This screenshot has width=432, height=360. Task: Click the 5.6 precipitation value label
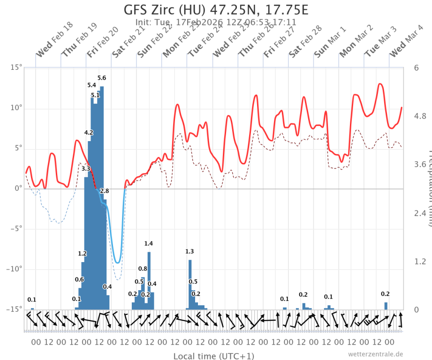(102, 78)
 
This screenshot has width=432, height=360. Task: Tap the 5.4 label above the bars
(91, 85)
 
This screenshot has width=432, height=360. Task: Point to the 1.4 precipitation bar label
(148, 243)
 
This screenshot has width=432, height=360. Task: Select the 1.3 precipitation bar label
(189, 252)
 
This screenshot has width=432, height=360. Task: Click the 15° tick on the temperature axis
(16, 67)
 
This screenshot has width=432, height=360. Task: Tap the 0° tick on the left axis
(18, 188)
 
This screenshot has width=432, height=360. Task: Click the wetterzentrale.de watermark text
(375, 354)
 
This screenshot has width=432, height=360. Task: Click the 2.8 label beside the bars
(105, 191)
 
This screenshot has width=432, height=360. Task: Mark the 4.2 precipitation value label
(89, 133)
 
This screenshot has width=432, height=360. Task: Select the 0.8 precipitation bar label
(143, 269)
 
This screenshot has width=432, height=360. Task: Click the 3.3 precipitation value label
(86, 169)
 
